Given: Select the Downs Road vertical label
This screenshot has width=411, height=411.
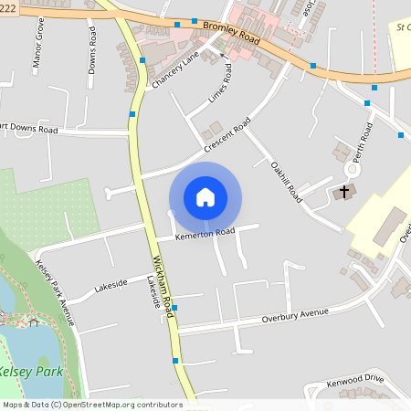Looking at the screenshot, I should [92, 44].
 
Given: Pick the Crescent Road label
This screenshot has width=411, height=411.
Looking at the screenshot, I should [227, 137].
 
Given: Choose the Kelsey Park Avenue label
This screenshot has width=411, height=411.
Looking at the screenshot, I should [53, 290].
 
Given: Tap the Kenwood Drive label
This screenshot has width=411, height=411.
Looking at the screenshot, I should [355, 379].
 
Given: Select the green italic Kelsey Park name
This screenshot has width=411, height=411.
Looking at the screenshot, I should [28, 372].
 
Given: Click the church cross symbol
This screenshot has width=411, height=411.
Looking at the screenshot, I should [344, 192].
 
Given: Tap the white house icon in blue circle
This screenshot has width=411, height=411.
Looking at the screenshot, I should [205, 197].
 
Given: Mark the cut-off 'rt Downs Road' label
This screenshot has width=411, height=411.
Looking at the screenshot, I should [29, 128].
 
